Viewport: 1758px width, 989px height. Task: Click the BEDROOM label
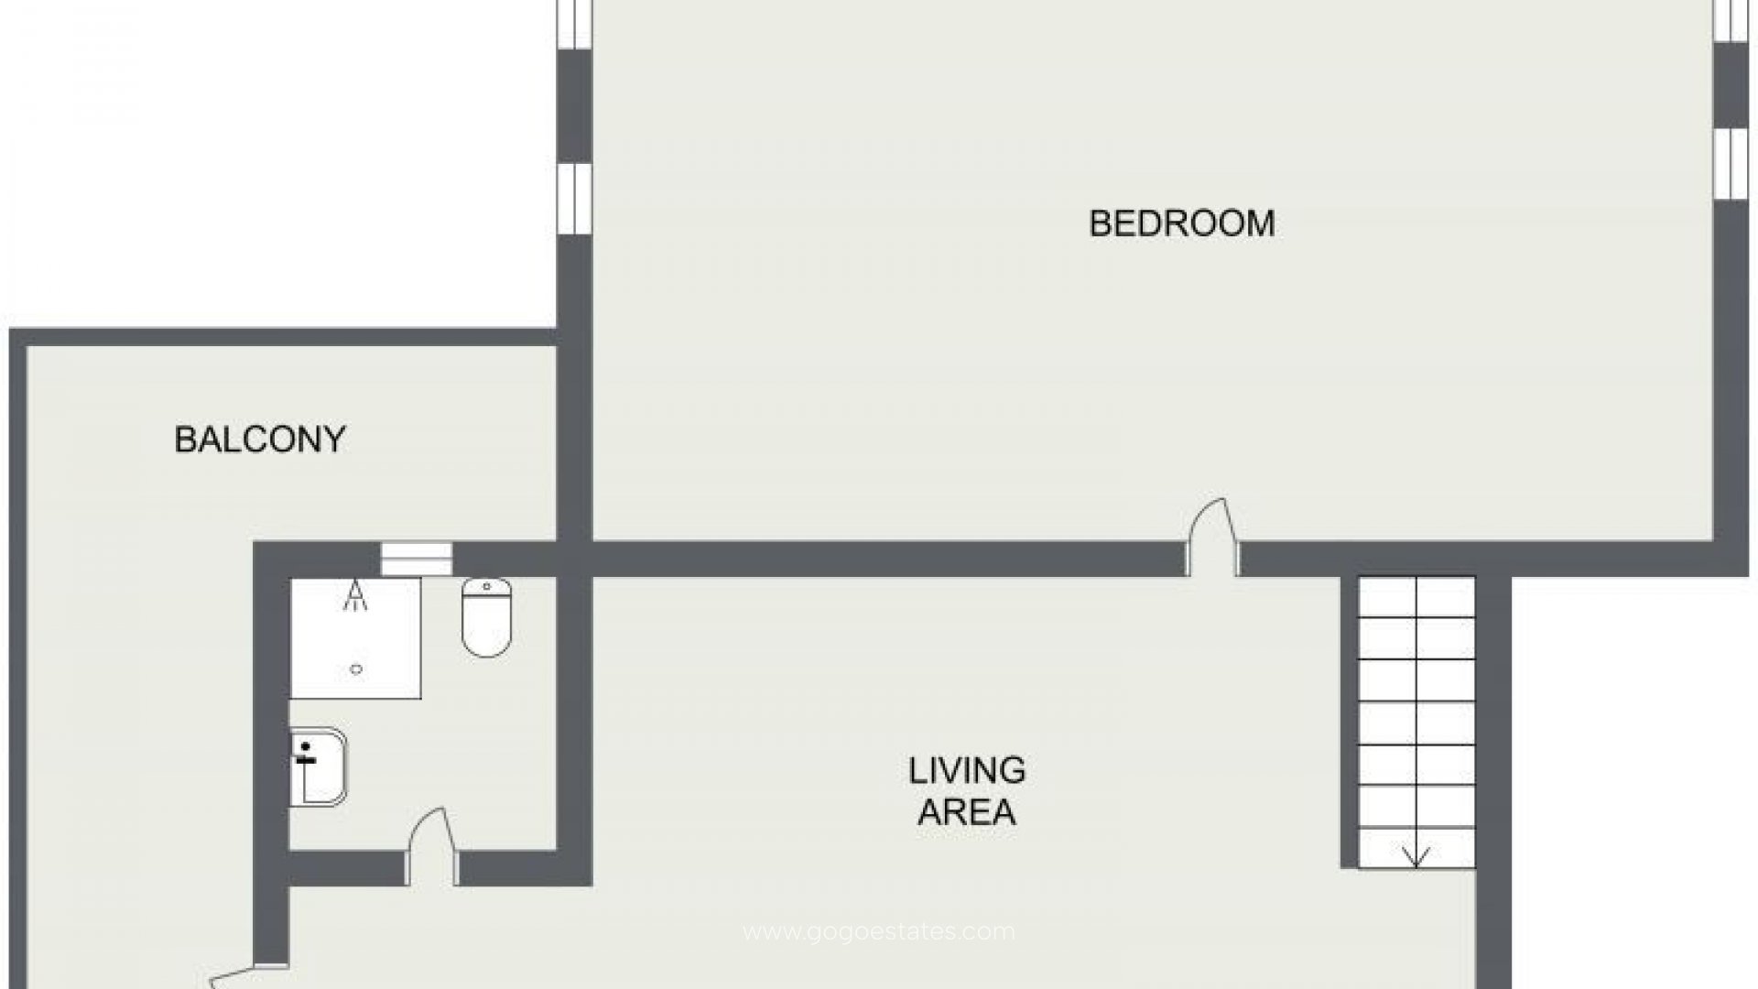coord(1181,223)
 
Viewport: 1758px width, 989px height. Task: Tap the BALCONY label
coord(260,440)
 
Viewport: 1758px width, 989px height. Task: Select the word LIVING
coord(967,771)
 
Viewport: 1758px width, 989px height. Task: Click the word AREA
coord(967,812)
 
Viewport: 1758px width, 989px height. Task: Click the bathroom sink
coord(318,766)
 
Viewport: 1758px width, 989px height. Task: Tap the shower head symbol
coord(355,598)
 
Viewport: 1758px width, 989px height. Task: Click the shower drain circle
coord(356,669)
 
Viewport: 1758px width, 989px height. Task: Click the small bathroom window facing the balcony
coord(417,559)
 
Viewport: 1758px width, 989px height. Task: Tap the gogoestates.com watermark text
coord(879,932)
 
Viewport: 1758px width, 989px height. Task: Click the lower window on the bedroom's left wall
coord(574,198)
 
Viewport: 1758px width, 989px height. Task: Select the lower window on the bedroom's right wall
coord(1731,162)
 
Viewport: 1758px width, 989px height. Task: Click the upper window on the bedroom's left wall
coord(574,24)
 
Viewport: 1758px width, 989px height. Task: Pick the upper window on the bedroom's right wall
coord(1731,20)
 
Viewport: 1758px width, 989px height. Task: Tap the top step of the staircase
coord(1416,596)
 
